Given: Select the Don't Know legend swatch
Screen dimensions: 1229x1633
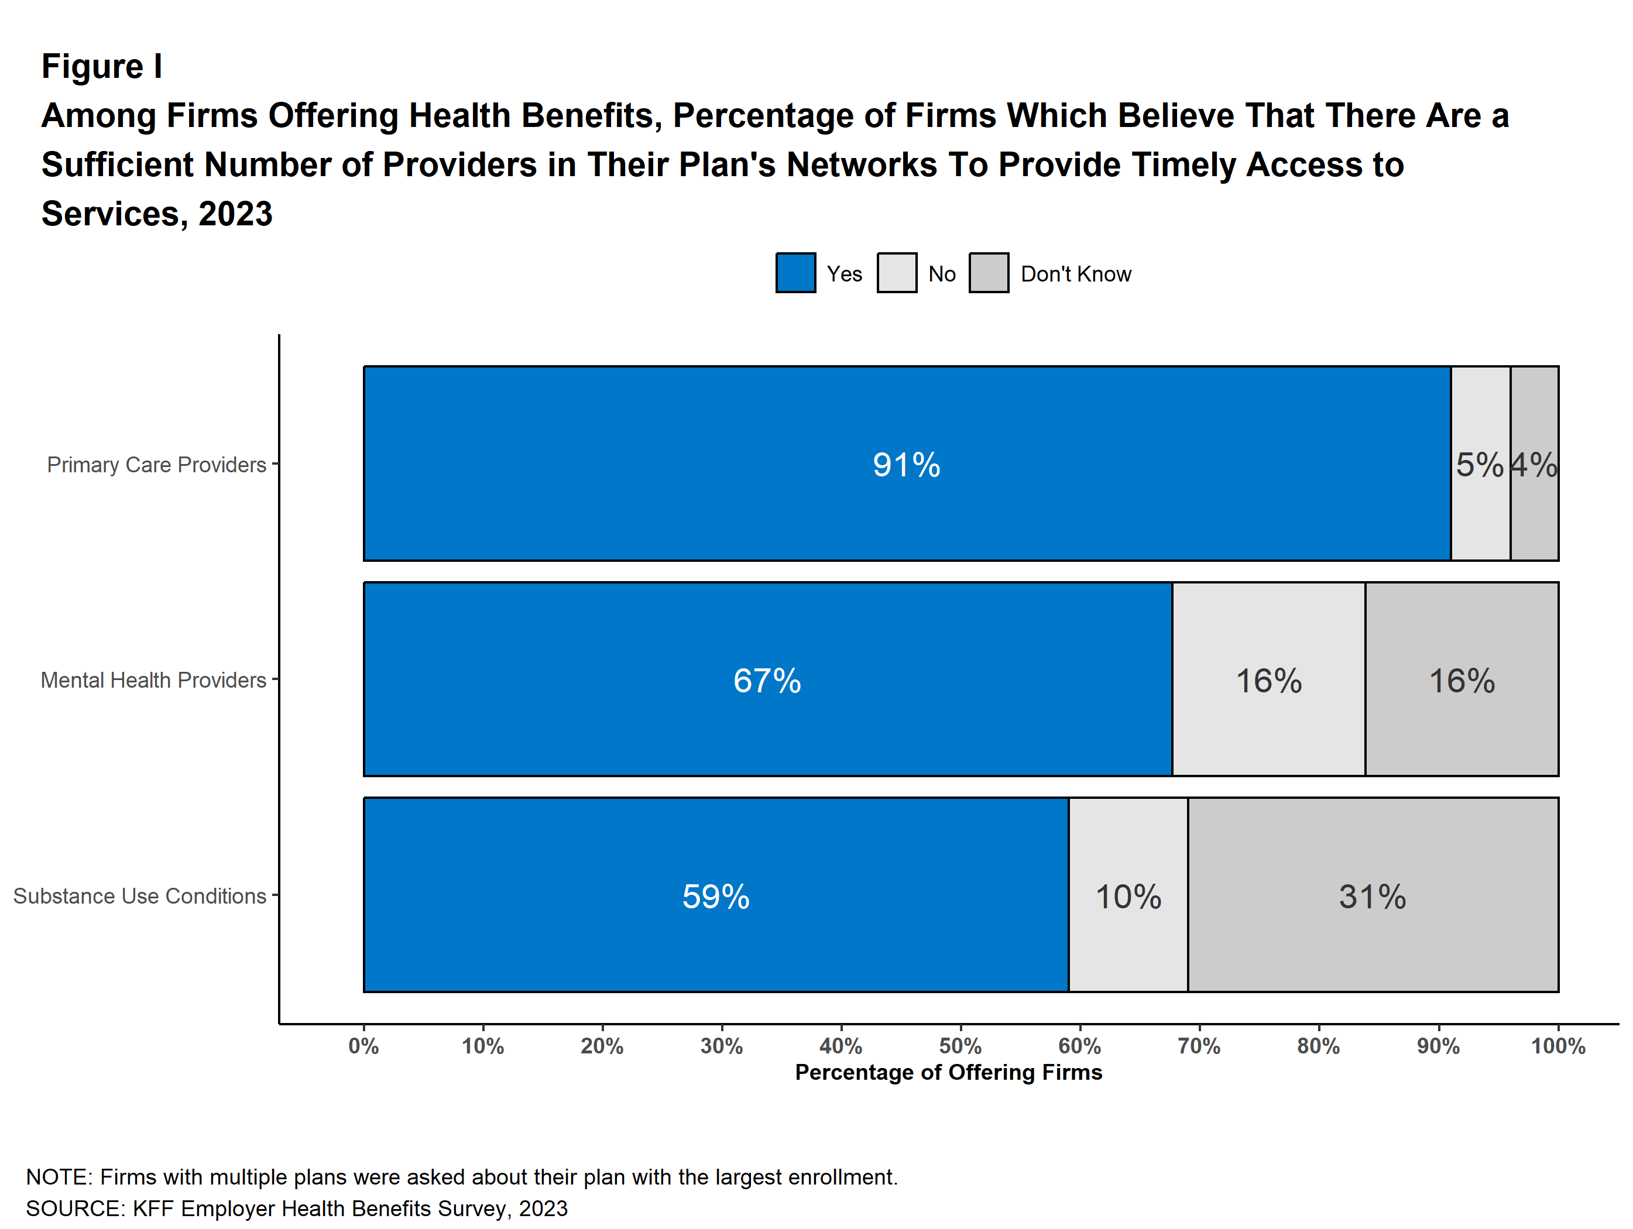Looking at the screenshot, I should tap(989, 273).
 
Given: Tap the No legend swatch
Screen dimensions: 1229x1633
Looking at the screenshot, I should tap(896, 273).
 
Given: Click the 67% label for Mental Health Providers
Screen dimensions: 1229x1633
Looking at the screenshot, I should tap(766, 681).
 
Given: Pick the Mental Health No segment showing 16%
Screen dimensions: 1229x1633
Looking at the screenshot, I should tap(1268, 681).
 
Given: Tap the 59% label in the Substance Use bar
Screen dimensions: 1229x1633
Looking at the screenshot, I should tap(715, 897).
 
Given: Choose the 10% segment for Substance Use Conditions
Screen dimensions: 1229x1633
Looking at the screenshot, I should tap(1128, 897).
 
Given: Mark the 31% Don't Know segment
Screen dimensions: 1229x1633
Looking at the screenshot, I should tap(1373, 897).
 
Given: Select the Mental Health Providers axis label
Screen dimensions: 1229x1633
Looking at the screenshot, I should tap(153, 680).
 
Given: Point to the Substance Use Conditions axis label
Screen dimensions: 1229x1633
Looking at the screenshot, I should tap(139, 896).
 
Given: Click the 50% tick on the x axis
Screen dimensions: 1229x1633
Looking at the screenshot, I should tap(960, 1046).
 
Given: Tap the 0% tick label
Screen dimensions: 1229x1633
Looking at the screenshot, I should tap(363, 1046).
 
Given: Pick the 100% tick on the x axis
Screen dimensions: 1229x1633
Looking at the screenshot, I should tap(1557, 1046).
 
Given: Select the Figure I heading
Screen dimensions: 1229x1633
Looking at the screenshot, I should tap(102, 67).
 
